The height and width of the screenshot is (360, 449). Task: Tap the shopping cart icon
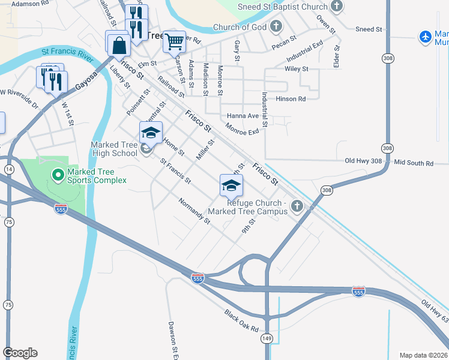(174, 41)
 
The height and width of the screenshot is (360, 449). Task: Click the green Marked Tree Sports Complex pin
(58, 175)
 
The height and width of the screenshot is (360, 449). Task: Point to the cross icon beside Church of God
(276, 26)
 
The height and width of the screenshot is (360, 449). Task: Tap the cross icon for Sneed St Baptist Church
(336, 7)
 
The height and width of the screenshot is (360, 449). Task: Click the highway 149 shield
(267, 339)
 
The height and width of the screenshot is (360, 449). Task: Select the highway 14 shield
(9, 170)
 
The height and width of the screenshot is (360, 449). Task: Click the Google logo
(20, 353)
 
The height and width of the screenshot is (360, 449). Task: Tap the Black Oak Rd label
(241, 322)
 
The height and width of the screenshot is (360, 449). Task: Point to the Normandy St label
(194, 211)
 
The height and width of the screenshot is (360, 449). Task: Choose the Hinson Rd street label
(291, 98)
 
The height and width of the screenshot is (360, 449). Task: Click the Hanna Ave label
(243, 116)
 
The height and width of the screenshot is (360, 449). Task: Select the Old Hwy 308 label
(364, 161)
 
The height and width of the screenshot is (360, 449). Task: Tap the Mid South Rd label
(414, 163)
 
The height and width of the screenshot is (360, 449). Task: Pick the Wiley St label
(297, 69)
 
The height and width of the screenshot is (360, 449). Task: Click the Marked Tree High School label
(114, 149)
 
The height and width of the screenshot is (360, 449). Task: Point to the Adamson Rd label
(30, 4)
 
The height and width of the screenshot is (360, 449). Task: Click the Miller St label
(205, 150)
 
